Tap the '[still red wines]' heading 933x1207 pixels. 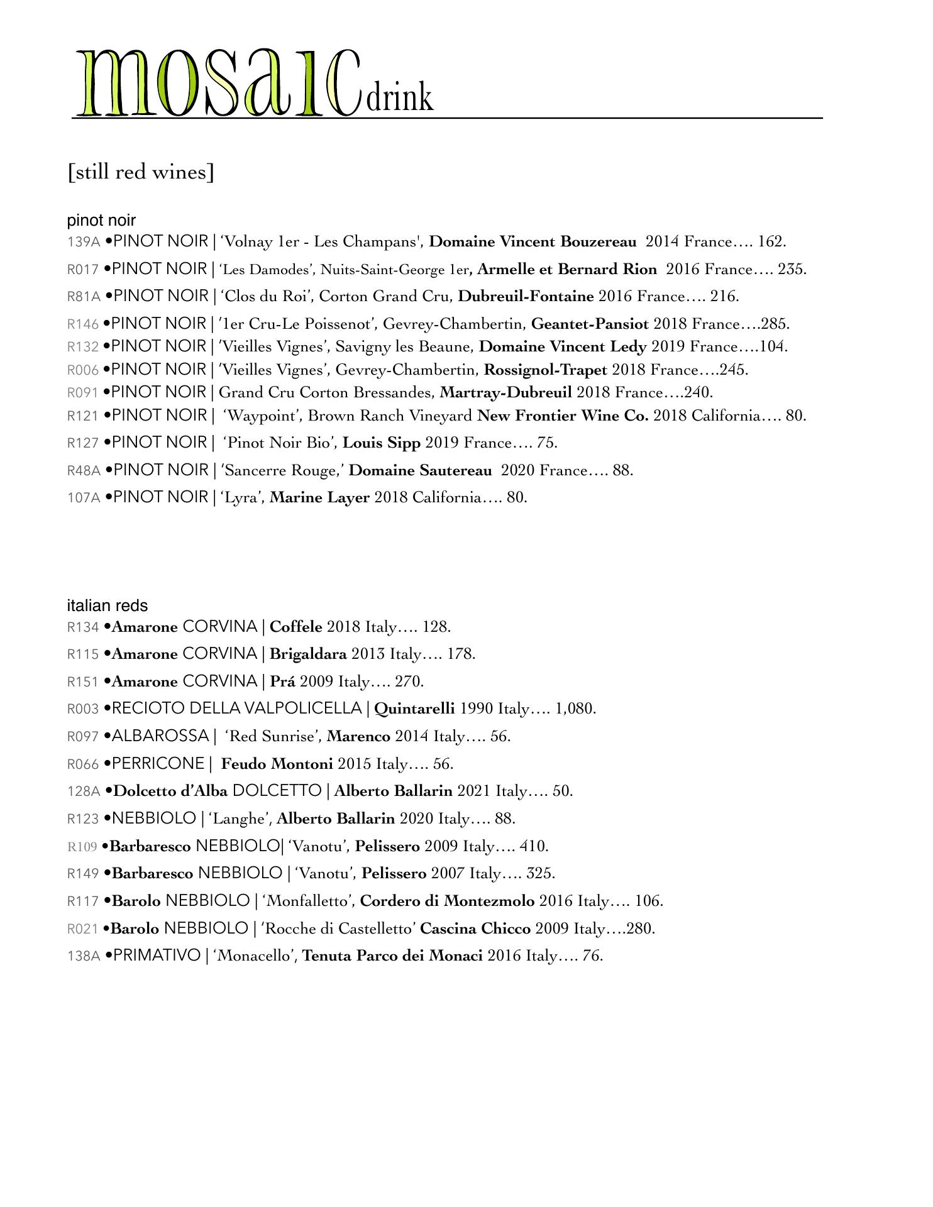pyautogui.click(x=141, y=172)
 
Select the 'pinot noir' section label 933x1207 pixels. pyautogui.click(x=101, y=221)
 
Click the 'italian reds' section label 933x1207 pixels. pyautogui.click(x=108, y=605)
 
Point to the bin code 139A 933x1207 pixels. pyautogui.click(x=84, y=242)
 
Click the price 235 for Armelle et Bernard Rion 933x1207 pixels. pyautogui.click(x=792, y=270)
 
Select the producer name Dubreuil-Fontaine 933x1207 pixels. pyautogui.click(x=526, y=297)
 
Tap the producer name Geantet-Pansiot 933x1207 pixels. pyautogui.click(x=590, y=324)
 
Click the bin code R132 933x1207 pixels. pyautogui.click(x=83, y=347)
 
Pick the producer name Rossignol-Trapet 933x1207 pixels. pyautogui.click(x=546, y=370)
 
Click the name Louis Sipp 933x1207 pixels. pyautogui.click(x=381, y=443)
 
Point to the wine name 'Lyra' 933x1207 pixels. pyautogui.click(x=242, y=498)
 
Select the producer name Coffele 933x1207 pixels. pyautogui.click(x=295, y=627)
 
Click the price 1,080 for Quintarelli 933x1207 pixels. pyautogui.click(x=575, y=709)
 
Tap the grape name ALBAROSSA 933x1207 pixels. pyautogui.click(x=160, y=736)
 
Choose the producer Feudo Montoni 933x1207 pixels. pyautogui.click(x=277, y=764)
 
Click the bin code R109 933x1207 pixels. pyautogui.click(x=82, y=847)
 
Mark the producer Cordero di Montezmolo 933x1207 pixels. pyautogui.click(x=447, y=901)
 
